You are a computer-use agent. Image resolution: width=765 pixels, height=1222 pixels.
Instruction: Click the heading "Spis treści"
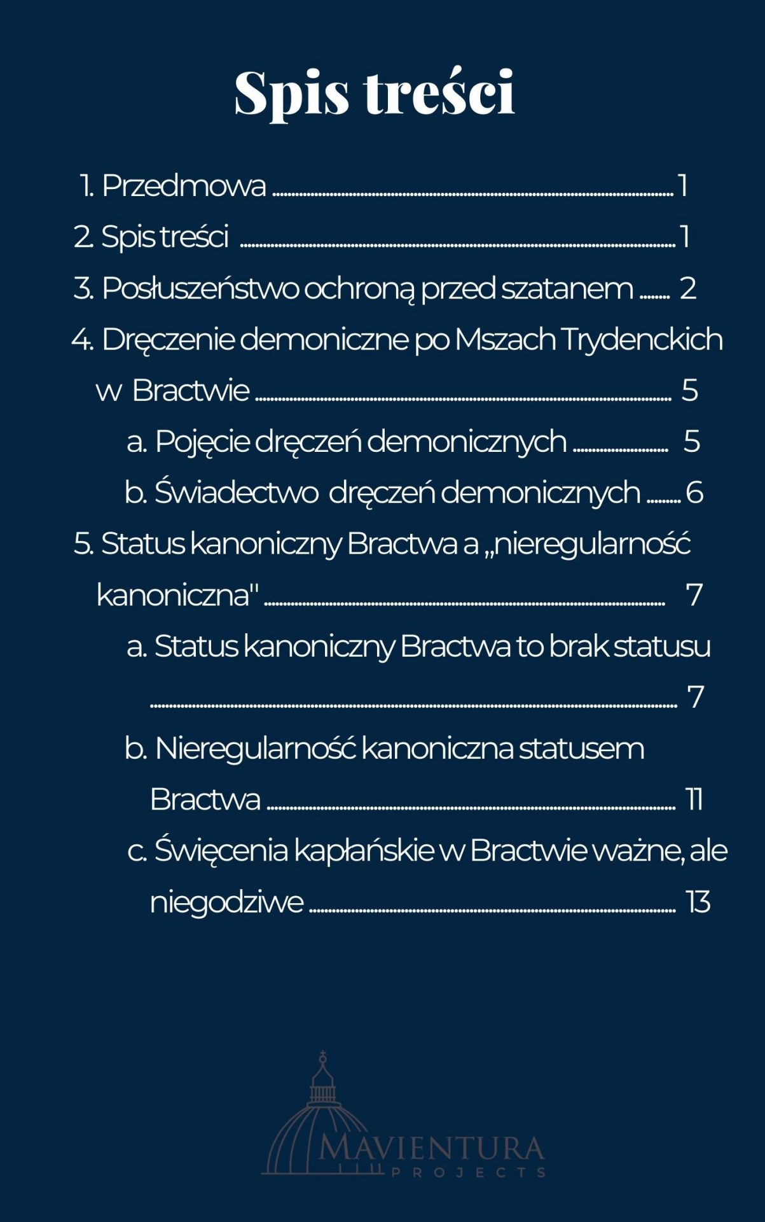(375, 93)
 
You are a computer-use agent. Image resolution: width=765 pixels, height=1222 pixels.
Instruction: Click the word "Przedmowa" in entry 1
(184, 186)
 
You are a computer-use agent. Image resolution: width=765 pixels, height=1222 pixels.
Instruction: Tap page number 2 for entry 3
(688, 288)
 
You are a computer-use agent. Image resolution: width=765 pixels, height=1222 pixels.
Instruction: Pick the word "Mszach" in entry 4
(506, 339)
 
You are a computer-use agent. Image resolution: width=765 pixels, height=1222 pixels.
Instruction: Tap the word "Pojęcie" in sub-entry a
(202, 442)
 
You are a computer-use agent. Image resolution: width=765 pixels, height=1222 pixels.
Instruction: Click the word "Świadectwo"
(237, 493)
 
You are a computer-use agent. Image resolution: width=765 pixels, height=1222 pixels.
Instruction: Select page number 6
(695, 493)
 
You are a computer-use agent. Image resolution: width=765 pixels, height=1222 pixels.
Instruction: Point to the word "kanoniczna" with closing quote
(177, 595)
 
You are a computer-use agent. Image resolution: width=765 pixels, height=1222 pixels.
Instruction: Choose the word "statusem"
(581, 748)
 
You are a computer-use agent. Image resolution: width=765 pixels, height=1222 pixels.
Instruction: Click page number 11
(694, 799)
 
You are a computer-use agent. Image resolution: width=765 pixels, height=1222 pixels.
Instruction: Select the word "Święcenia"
(221, 851)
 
